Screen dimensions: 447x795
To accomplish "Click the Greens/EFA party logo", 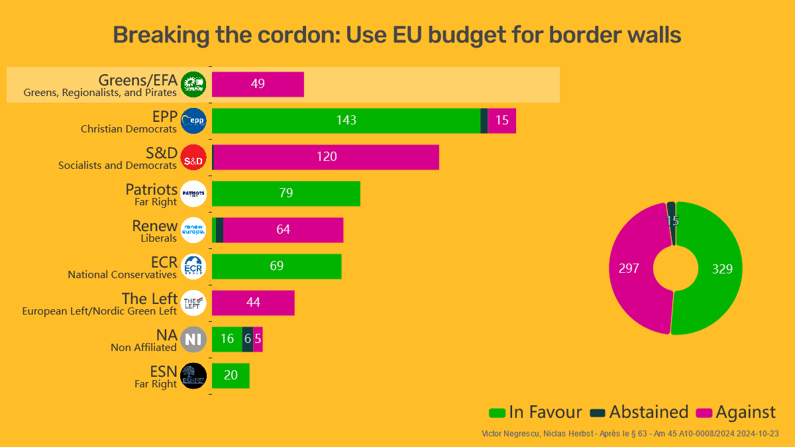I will click(x=193, y=84).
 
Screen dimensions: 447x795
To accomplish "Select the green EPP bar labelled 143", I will click(x=346, y=121).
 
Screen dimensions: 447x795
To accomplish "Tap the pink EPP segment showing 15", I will click(x=502, y=121).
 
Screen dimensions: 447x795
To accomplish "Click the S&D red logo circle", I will click(x=193, y=158).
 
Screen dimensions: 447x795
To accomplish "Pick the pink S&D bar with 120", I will click(x=327, y=157).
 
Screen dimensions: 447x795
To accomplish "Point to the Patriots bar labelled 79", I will click(x=286, y=193).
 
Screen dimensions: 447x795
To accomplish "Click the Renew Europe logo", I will click(x=193, y=230).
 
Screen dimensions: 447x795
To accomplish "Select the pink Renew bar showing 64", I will click(x=284, y=230).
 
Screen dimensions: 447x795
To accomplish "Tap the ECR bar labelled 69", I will click(x=277, y=266).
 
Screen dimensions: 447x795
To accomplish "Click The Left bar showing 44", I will click(x=253, y=303).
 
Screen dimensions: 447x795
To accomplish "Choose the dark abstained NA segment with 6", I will click(x=248, y=339).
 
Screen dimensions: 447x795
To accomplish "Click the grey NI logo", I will click(x=193, y=340).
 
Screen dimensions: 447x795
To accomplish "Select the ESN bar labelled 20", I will click(x=231, y=375).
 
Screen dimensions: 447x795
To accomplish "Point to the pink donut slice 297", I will click(x=629, y=268).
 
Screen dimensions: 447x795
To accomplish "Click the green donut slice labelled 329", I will click(x=722, y=268).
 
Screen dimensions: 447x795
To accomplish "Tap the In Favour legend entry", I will click(x=535, y=412).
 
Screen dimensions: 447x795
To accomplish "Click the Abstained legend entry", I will click(x=639, y=412).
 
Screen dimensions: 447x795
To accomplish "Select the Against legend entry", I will click(x=736, y=412).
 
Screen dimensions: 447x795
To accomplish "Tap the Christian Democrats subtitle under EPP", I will click(x=129, y=129).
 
